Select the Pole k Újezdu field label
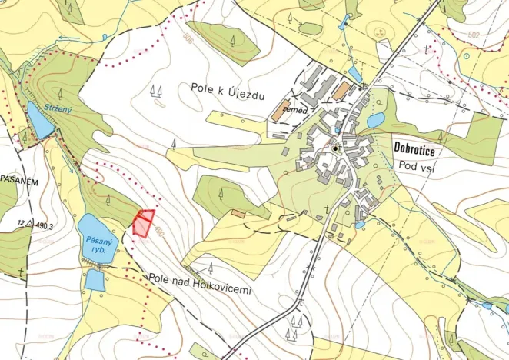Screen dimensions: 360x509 coord(228,89)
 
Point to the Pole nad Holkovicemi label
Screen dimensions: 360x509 coord(200,278)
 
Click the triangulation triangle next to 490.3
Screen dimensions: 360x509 coord(28,225)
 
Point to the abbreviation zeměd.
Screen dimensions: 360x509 coord(295,112)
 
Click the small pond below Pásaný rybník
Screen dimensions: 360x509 coord(94,279)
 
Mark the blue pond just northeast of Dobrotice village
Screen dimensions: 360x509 coord(376,120)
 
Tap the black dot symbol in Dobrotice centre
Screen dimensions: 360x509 coord(336,148)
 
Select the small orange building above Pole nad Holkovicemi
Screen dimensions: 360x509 coord(238,212)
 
